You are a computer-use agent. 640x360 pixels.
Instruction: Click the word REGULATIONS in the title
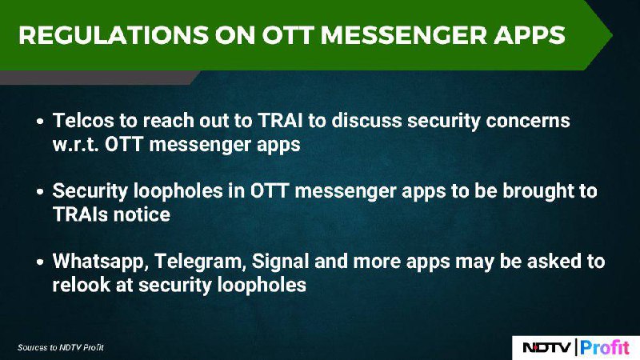coord(114,34)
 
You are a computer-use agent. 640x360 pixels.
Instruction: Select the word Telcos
coord(84,121)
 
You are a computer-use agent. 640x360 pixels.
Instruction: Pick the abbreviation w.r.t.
coord(75,145)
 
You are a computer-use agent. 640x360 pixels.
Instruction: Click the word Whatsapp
coord(101,262)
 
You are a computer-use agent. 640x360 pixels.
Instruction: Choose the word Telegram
coord(200,262)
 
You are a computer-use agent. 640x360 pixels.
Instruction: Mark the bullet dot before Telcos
coord(39,122)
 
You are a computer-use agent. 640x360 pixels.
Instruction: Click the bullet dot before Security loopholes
coord(39,191)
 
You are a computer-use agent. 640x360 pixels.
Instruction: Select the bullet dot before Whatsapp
coord(39,262)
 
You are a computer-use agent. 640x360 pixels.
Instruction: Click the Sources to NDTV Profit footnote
coord(61,347)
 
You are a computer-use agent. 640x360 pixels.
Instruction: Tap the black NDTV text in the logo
coord(547,347)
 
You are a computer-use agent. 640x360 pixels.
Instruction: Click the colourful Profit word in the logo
coord(605,347)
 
